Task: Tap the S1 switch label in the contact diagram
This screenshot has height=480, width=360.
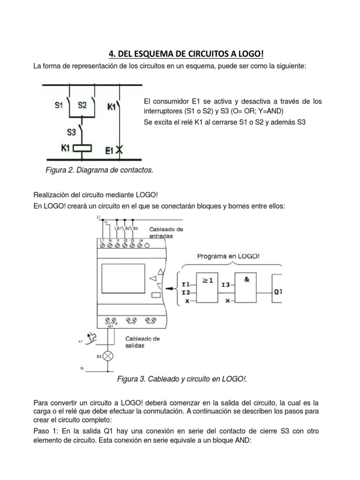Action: click(x=59, y=105)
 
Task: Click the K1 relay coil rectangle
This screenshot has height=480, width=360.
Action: click(x=83, y=148)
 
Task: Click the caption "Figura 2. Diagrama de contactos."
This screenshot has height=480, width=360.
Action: click(x=99, y=170)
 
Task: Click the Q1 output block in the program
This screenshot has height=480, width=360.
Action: click(x=277, y=291)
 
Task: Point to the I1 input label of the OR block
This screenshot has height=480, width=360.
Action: click(x=186, y=285)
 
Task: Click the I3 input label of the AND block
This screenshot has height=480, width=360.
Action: click(x=226, y=285)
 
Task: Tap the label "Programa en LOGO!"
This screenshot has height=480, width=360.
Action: click(x=228, y=256)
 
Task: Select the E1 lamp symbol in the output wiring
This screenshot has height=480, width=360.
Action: click(x=109, y=356)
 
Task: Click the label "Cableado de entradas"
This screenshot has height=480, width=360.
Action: click(x=166, y=233)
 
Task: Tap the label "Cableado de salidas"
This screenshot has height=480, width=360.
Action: click(x=142, y=342)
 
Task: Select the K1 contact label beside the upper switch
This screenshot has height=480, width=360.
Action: click(x=112, y=107)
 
